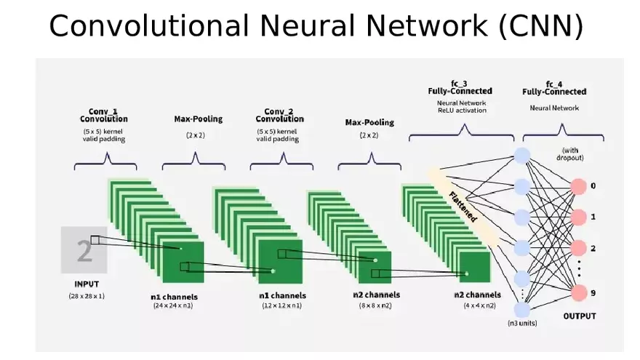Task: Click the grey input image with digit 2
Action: point(84,250)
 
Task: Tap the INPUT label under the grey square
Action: point(87,284)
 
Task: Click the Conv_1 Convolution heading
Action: point(103,115)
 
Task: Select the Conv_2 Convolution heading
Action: point(279,115)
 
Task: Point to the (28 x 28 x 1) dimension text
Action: point(87,297)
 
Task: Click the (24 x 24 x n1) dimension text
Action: point(173,306)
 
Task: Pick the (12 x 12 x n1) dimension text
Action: point(282,306)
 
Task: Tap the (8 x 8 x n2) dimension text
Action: point(375,306)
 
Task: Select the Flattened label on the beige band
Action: point(463,206)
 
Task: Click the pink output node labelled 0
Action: point(579,186)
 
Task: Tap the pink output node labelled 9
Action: point(579,294)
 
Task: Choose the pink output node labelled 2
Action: point(579,249)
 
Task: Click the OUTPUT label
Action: point(580,316)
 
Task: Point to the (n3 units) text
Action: point(522,323)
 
